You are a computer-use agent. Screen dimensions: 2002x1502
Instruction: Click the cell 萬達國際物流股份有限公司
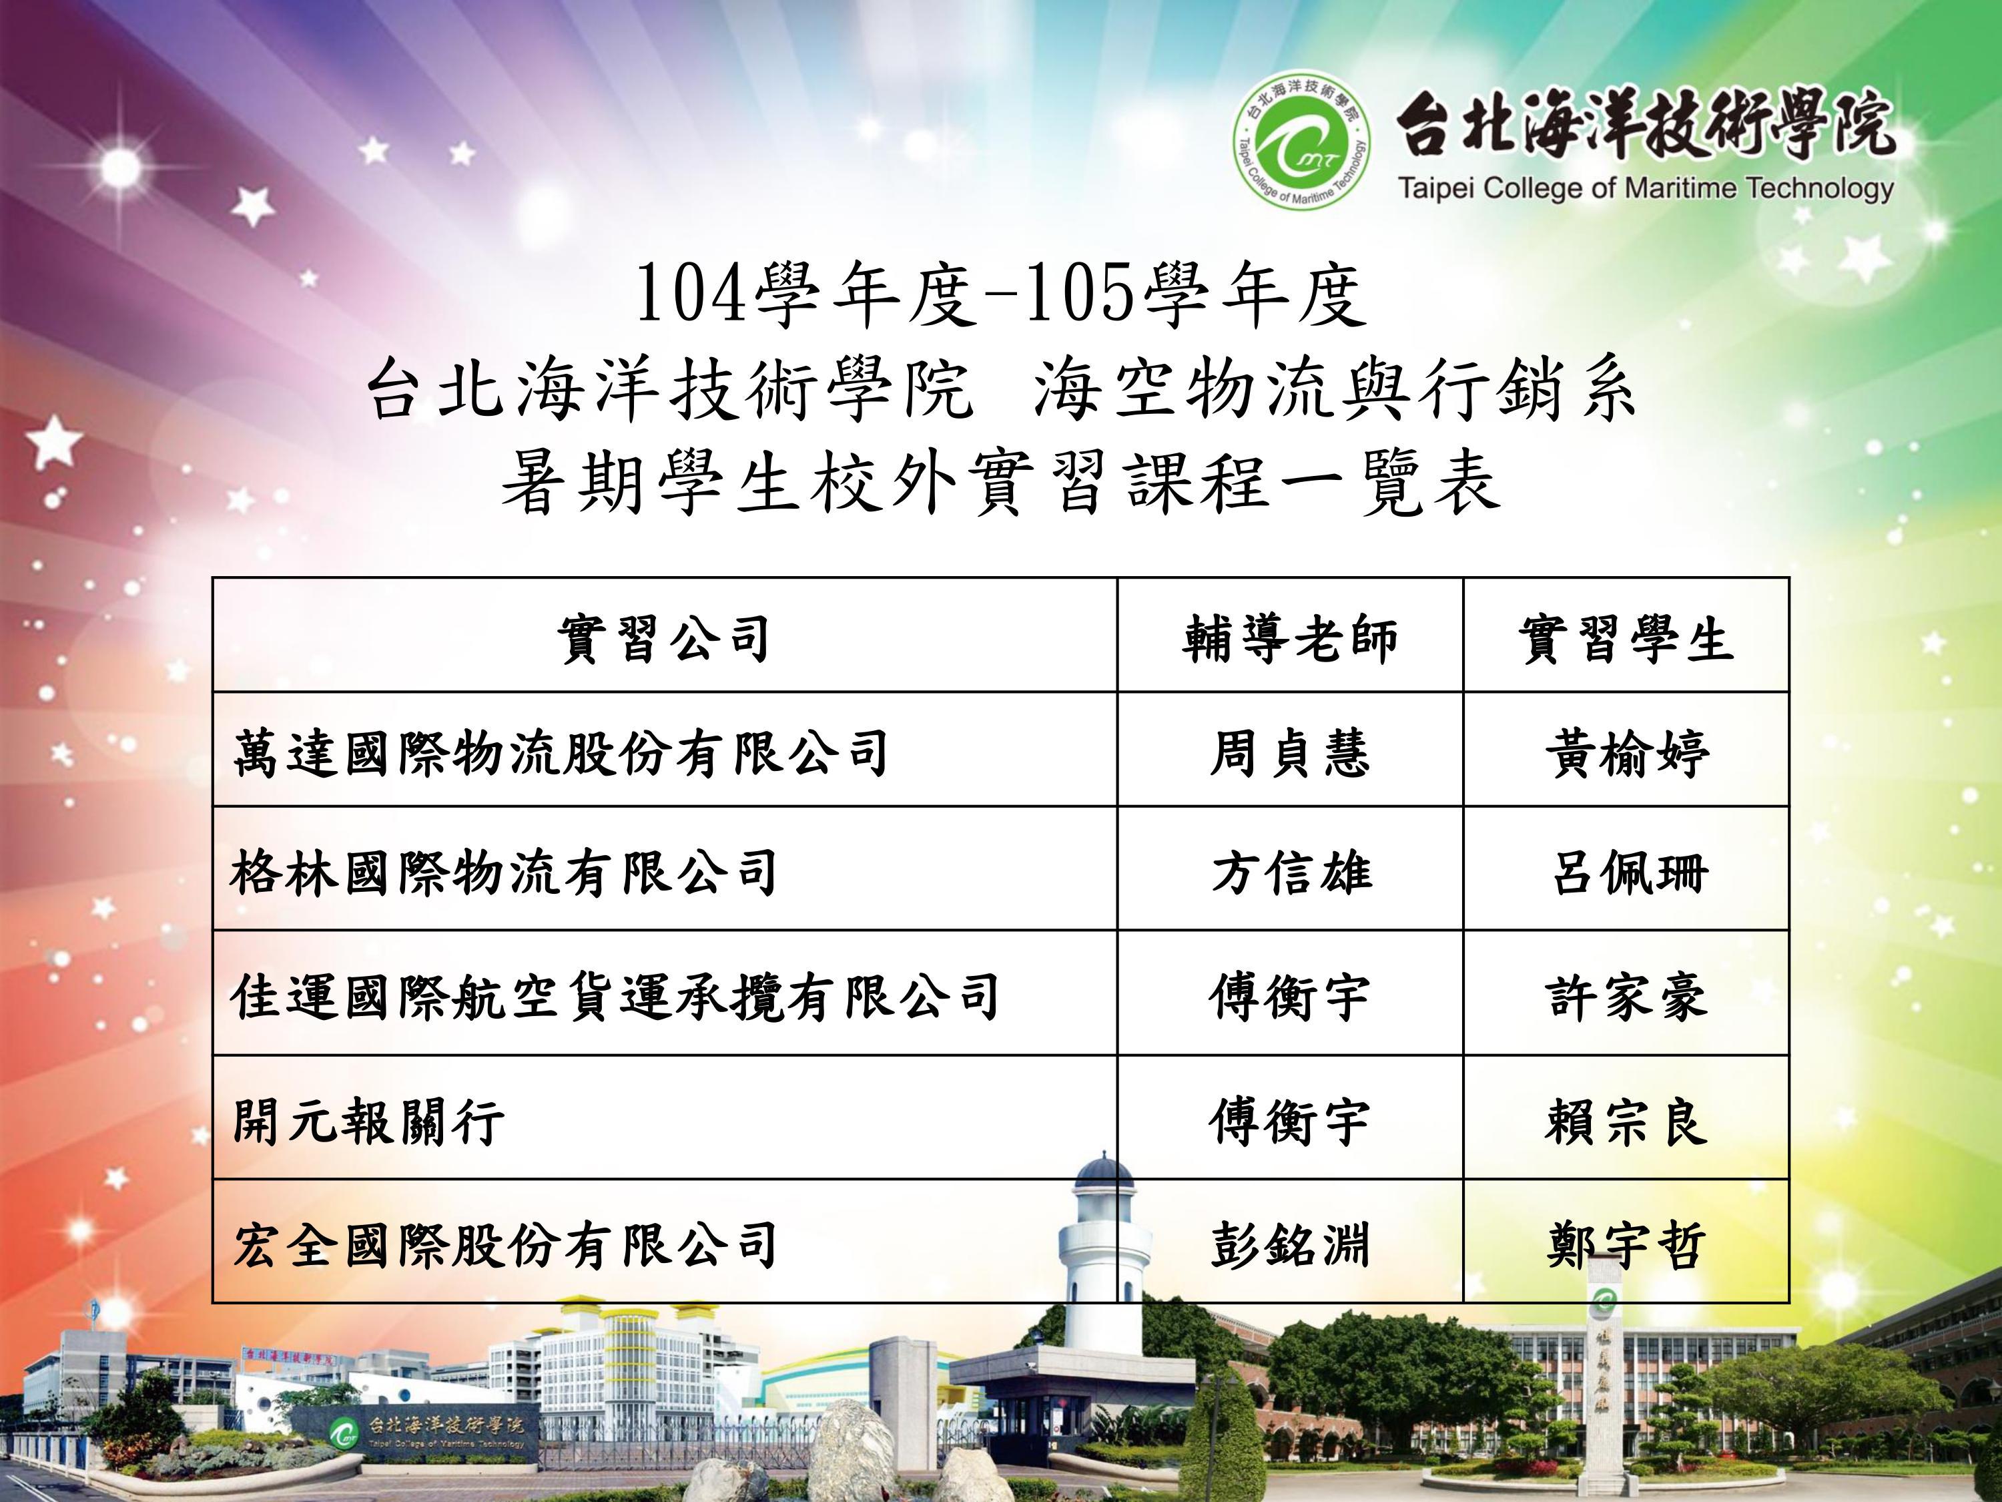pos(561,753)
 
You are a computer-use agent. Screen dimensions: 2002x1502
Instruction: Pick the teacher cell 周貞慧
pos(1290,753)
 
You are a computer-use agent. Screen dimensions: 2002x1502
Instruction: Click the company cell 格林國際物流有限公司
pos(504,872)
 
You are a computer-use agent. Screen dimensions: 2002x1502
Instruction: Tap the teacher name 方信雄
pos(1291,872)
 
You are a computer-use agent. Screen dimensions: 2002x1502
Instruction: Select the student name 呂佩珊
pos(1628,872)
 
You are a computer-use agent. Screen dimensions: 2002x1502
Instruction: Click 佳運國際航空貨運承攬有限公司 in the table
pos(615,996)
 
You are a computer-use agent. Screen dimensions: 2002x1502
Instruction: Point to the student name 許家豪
pos(1626,996)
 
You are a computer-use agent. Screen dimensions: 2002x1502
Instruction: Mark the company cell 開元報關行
pos(368,1121)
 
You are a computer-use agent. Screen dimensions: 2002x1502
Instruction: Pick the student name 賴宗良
pos(1626,1121)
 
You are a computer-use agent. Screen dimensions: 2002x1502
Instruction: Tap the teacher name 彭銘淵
pos(1290,1245)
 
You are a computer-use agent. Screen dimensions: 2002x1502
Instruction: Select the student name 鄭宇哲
pos(1626,1245)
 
